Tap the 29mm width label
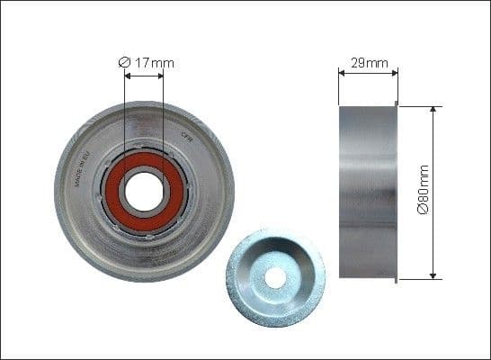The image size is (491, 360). point(369,63)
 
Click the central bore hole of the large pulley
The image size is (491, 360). point(144,191)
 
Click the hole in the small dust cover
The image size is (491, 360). point(275,277)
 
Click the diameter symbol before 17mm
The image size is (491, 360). point(125,62)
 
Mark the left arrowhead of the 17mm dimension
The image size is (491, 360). point(127,76)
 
